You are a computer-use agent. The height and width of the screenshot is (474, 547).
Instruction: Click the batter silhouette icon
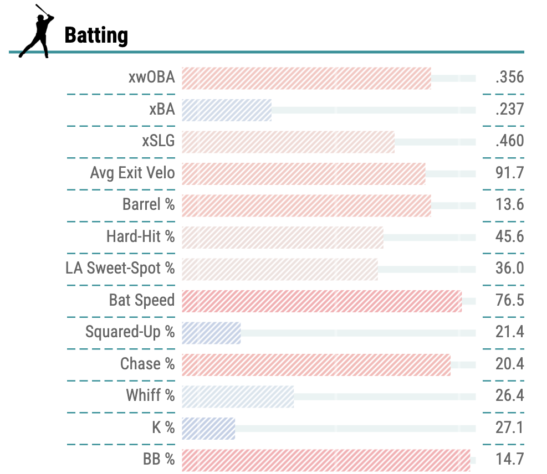[37, 31]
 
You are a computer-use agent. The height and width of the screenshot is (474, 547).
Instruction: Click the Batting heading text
[96, 35]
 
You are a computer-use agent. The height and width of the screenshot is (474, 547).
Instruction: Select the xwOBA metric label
[151, 78]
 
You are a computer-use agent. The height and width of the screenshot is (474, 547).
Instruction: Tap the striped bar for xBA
[226, 110]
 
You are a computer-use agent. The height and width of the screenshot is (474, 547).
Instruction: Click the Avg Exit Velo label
[132, 173]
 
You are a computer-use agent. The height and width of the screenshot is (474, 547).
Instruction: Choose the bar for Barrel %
[306, 205]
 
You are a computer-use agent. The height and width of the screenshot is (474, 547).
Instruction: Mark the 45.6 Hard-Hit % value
[509, 237]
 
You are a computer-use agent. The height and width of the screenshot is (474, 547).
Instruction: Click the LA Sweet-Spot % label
[120, 269]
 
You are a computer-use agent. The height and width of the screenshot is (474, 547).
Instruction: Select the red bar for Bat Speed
[321, 301]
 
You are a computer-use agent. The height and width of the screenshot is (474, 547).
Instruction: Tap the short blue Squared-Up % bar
[211, 333]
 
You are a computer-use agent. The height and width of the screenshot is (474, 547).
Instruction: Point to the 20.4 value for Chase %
[509, 364]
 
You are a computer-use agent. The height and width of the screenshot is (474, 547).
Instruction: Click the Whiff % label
[150, 396]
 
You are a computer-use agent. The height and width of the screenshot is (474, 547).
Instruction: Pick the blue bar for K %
[208, 428]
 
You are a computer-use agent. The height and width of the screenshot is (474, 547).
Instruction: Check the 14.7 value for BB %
[509, 460]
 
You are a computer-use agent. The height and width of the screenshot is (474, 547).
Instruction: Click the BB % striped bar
[326, 460]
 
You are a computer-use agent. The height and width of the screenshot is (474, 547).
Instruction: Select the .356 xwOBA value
[509, 78]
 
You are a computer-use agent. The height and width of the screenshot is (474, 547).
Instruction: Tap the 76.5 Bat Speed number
[509, 301]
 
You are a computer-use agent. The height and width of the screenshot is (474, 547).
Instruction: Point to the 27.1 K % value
[509, 428]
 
